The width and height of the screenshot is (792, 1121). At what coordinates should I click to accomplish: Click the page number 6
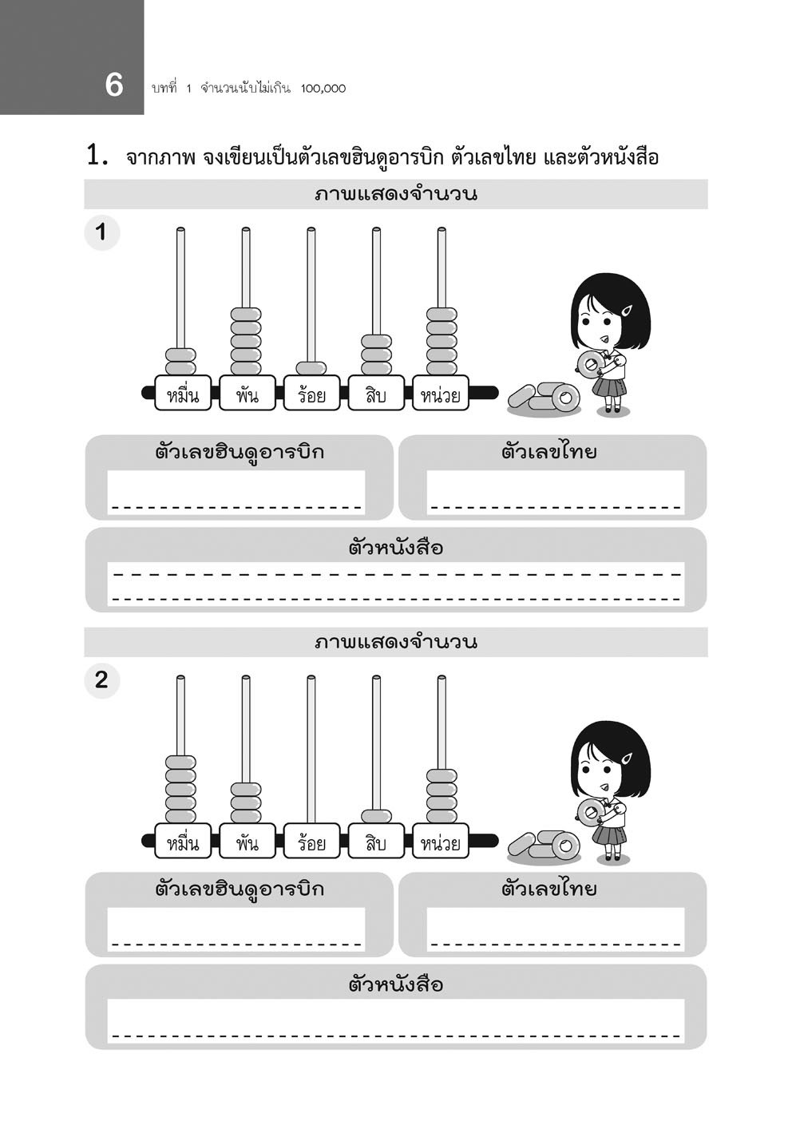pyautogui.click(x=114, y=85)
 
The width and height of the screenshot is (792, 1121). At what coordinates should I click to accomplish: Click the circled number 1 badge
pyautogui.click(x=101, y=233)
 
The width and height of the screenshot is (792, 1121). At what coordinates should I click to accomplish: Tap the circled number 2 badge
pyautogui.click(x=101, y=681)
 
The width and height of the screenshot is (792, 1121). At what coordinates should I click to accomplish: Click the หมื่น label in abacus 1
pyautogui.click(x=182, y=394)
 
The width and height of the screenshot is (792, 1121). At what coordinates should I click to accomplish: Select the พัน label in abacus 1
pyautogui.click(x=247, y=394)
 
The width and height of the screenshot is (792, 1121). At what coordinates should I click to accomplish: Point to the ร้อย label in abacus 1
pyautogui.click(x=311, y=394)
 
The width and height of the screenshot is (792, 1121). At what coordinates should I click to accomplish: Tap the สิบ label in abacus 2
pyautogui.click(x=376, y=843)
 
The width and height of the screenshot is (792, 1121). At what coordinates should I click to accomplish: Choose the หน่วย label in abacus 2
pyautogui.click(x=441, y=843)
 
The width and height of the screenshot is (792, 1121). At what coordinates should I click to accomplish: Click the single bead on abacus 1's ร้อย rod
pyautogui.click(x=311, y=368)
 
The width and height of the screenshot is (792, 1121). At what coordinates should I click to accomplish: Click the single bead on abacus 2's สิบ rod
pyautogui.click(x=376, y=816)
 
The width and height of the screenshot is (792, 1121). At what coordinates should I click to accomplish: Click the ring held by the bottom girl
pyautogui.click(x=590, y=812)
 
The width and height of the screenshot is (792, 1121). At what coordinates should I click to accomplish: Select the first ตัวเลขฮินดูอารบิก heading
pyautogui.click(x=240, y=452)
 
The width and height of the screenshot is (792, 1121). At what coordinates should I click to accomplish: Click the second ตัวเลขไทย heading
pyautogui.click(x=549, y=889)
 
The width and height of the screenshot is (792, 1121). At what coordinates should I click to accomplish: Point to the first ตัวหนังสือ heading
pyautogui.click(x=396, y=548)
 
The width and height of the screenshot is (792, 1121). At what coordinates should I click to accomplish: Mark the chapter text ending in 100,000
pyautogui.click(x=248, y=88)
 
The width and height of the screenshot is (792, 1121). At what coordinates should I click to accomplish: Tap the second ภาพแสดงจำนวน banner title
pyautogui.click(x=396, y=642)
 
